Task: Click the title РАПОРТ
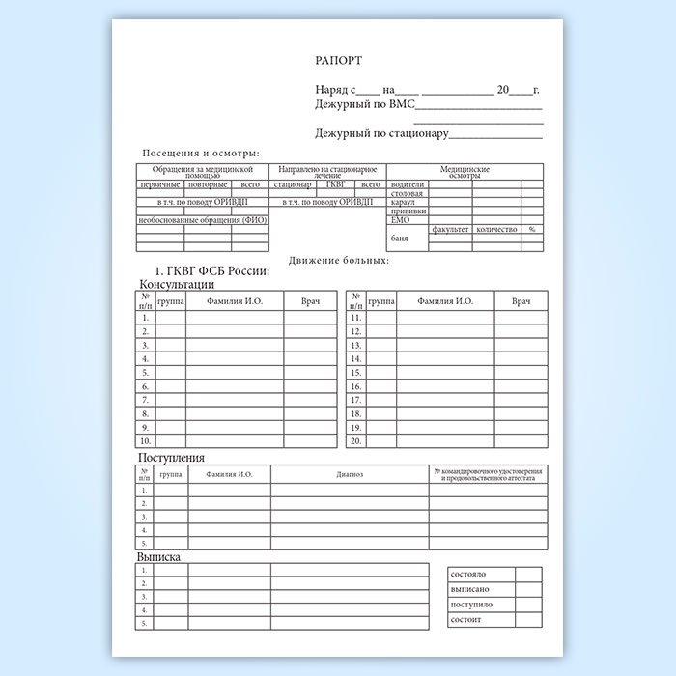338,60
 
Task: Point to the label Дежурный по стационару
381,133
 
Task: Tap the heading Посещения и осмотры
201,154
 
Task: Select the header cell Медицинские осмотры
465,172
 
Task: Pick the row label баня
399,238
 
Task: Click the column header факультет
451,229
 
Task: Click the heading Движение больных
338,260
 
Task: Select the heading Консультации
178,285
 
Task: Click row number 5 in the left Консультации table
146,372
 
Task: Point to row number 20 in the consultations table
355,440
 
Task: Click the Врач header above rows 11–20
521,302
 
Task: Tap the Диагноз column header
350,474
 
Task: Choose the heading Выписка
160,557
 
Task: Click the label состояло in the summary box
469,575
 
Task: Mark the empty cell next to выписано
528,589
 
